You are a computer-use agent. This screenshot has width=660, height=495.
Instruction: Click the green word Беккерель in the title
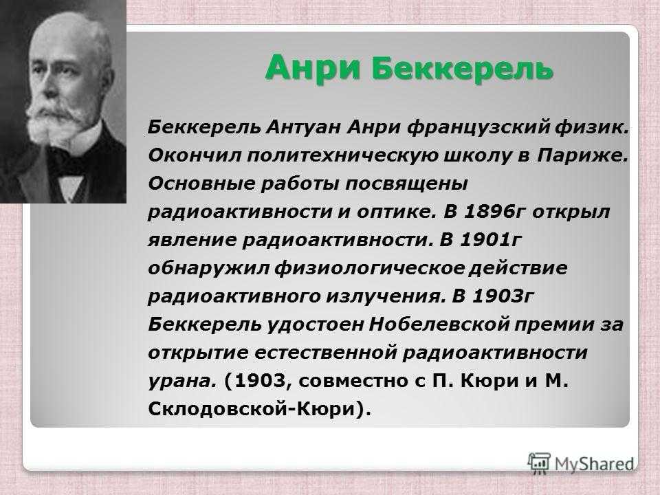pyautogui.click(x=462, y=67)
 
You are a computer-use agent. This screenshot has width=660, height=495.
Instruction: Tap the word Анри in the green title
pyautogui.click(x=312, y=67)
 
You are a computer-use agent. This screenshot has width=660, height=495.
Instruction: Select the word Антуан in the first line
pyautogui.click(x=302, y=127)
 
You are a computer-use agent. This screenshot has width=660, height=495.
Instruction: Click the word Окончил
pyautogui.click(x=194, y=156)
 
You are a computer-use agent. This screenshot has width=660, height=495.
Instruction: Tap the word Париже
pyautogui.click(x=582, y=157)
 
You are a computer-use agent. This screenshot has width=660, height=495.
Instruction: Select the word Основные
pyautogui.click(x=201, y=184)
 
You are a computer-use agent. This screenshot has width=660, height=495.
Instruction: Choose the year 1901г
pyautogui.click(x=491, y=240)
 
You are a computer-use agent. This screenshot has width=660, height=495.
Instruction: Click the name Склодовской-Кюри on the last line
pyautogui.click(x=252, y=408)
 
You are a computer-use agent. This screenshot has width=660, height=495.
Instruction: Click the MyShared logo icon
pyautogui.click(x=538, y=464)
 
